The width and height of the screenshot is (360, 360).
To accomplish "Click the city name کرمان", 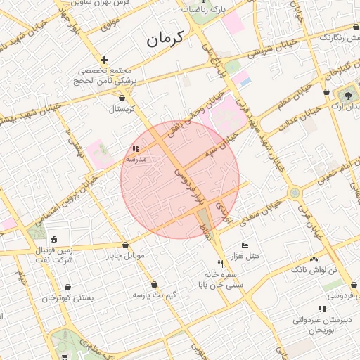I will click(165, 39).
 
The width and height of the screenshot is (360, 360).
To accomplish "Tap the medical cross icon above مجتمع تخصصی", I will click(105, 60).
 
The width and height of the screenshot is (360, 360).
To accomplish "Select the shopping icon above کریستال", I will click(124, 98).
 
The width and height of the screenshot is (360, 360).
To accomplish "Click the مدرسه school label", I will click(135, 160).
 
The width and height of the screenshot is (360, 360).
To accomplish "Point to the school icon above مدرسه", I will click(135, 149).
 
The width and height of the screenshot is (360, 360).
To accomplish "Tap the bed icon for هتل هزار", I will click(244, 245).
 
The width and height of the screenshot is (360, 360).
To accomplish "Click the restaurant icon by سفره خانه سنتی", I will click(221, 263).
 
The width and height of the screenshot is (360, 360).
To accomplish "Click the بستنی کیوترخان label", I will click(67, 298).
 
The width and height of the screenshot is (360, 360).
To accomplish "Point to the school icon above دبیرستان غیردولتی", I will click(322, 309).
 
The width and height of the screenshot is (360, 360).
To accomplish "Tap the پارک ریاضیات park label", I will click(205, 10).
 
